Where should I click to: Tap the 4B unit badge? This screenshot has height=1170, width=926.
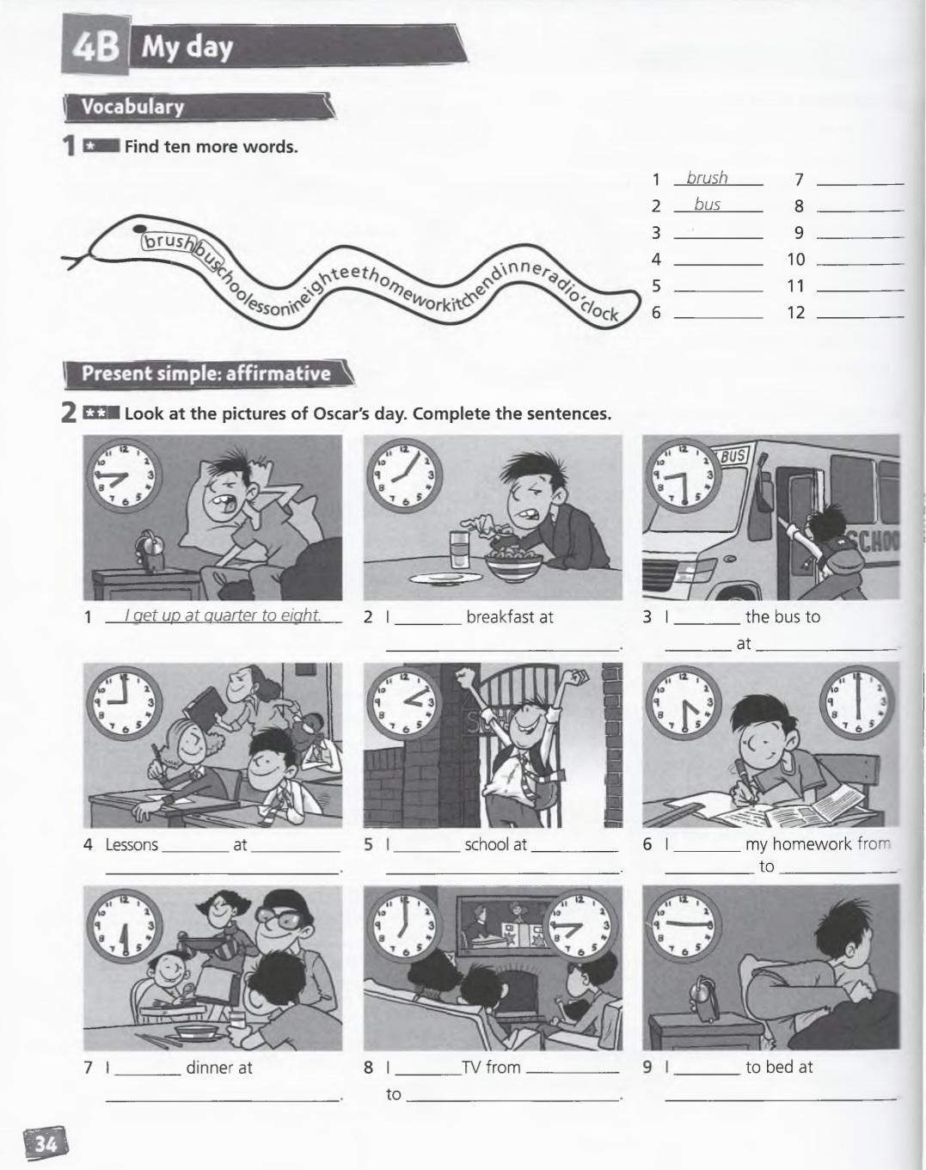pyautogui.click(x=95, y=46)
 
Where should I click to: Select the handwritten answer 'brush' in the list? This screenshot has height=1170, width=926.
pyautogui.click(x=707, y=177)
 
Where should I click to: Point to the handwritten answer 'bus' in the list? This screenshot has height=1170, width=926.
pyautogui.click(x=708, y=205)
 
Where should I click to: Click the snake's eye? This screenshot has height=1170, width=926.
pyautogui.click(x=140, y=229)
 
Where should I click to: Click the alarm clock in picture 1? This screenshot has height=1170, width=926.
pyautogui.click(x=150, y=551)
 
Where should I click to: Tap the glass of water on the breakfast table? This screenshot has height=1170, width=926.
pyautogui.click(x=459, y=549)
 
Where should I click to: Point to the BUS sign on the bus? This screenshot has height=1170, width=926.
pyautogui.click(x=733, y=456)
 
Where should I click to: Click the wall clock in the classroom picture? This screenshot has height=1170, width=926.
pyautogui.click(x=124, y=702)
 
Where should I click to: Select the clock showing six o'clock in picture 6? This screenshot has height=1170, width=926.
pyautogui.click(x=857, y=702)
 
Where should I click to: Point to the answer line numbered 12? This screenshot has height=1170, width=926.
pyautogui.click(x=860, y=316)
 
